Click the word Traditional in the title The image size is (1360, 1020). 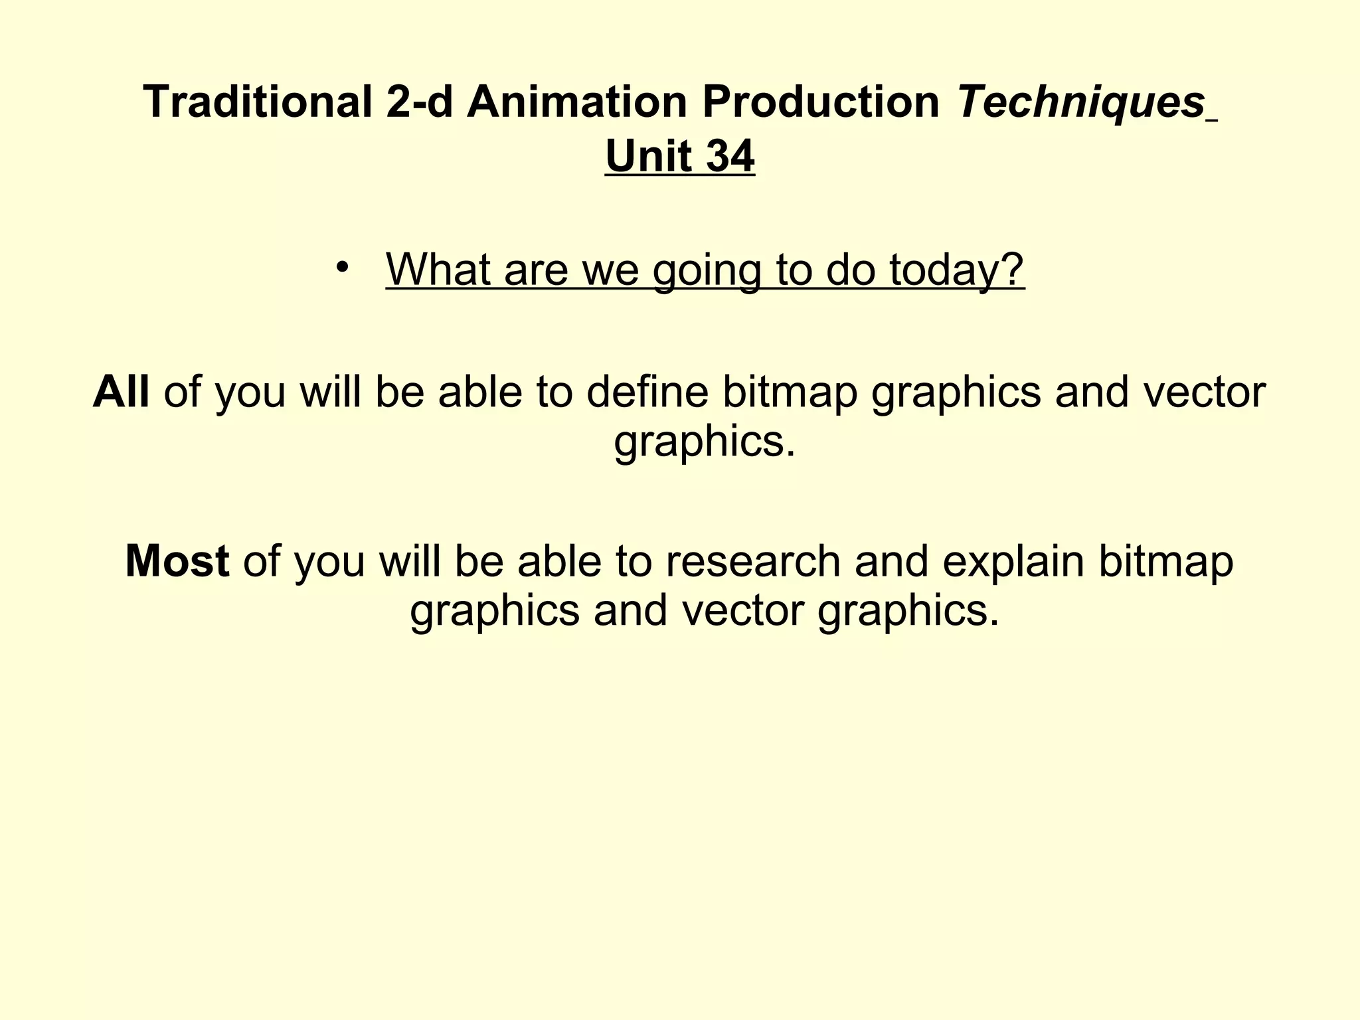click(x=257, y=102)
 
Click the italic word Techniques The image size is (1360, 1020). click(x=1081, y=102)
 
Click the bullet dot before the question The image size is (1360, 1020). click(x=342, y=267)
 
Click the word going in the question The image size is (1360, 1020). click(x=706, y=271)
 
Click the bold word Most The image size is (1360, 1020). click(x=177, y=560)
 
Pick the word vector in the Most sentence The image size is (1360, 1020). click(x=743, y=610)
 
